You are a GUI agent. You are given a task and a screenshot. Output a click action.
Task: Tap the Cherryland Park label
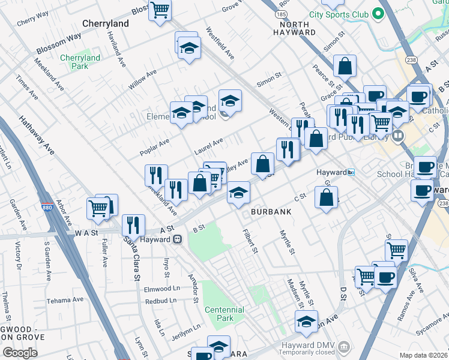[80, 62]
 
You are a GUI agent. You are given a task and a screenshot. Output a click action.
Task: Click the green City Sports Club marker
[378, 13]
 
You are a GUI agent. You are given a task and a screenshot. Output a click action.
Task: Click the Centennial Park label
[224, 314]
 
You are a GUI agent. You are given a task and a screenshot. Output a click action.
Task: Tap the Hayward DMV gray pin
[343, 346]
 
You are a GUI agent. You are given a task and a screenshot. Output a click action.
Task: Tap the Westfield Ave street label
[220, 43]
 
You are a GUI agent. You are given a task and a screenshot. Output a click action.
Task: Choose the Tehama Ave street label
[64, 300]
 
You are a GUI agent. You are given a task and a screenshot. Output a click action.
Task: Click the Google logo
[20, 353]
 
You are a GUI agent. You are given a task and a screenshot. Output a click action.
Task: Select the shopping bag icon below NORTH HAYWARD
[345, 67]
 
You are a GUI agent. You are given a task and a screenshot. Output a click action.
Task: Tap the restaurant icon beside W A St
[133, 225]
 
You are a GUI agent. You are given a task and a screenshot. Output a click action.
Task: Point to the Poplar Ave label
[154, 147]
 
